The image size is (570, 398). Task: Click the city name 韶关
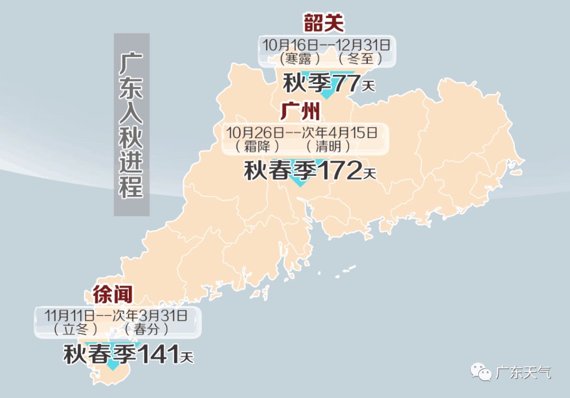324,23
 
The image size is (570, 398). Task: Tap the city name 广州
300,112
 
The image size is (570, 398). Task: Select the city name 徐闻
112,294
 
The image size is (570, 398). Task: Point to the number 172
339,170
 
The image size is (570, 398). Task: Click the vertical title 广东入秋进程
131,125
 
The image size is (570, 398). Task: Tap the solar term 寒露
297,58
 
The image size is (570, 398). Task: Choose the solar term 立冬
77,329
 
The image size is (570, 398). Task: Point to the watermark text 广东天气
524,373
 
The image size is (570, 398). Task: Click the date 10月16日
291,44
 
